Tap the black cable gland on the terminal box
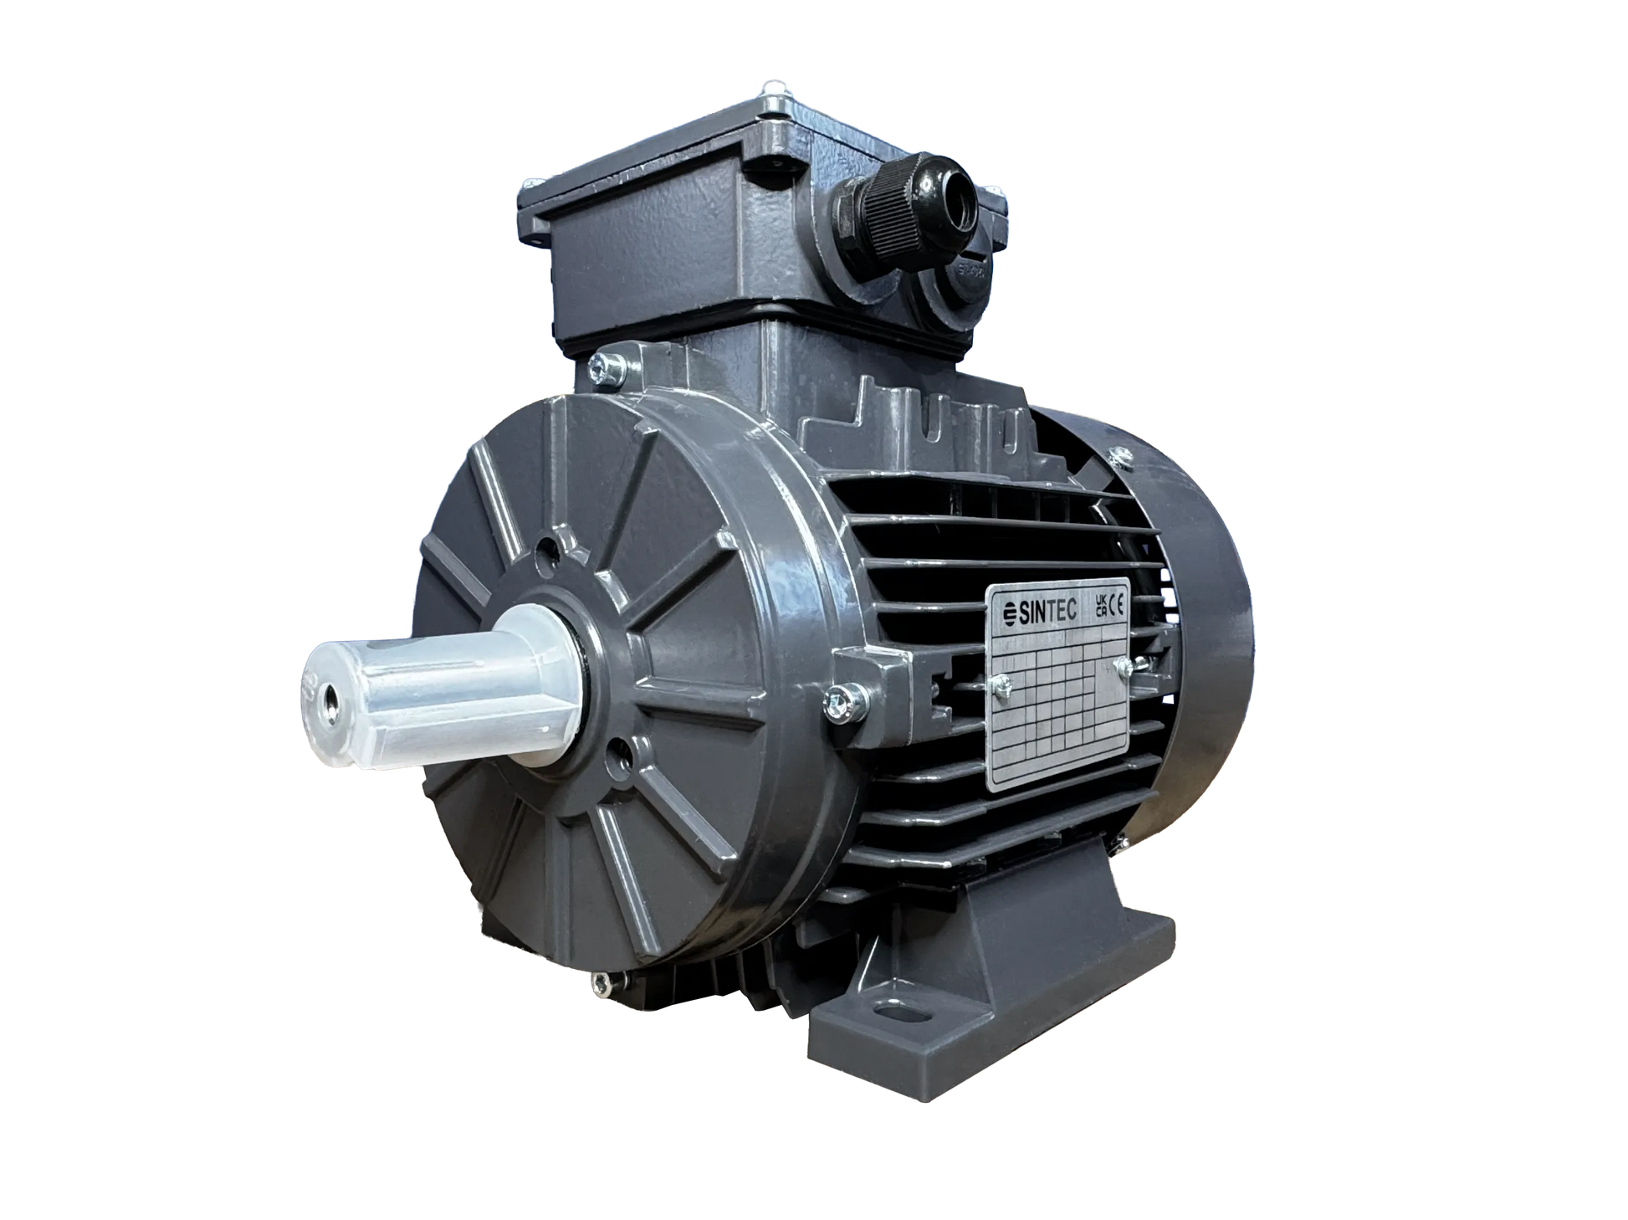coord(870,204)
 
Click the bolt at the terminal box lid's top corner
coord(774,85)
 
